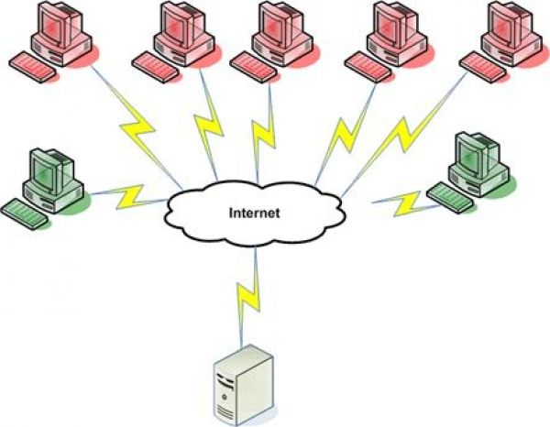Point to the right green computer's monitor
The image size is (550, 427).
point(478,155)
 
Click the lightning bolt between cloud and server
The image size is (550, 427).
point(248,291)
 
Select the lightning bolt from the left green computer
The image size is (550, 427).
point(128,194)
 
